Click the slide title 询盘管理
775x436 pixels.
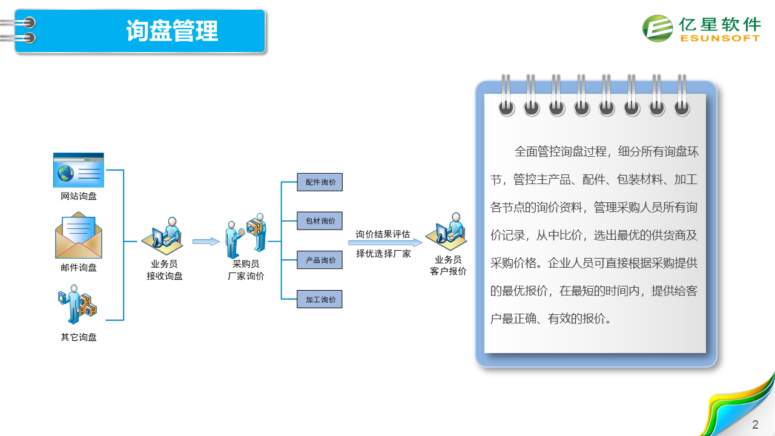point(172,31)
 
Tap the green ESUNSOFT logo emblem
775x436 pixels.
point(658,28)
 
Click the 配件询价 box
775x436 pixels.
point(320,182)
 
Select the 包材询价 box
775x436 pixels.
point(320,221)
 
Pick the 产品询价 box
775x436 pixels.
point(320,260)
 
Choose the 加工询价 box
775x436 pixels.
point(320,299)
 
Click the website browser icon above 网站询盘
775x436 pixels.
point(79,170)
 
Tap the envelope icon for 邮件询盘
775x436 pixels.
point(79,236)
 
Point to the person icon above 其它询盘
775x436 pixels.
point(77,305)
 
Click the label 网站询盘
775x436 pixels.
point(79,196)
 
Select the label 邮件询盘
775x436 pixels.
point(79,268)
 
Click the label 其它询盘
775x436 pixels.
point(79,337)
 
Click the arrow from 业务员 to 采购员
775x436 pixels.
point(206,242)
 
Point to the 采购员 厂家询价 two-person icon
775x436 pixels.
point(246,236)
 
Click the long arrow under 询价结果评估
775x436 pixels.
point(386,243)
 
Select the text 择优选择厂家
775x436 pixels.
point(383,254)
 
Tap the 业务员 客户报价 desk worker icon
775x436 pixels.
point(446,231)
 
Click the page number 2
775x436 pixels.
point(755,424)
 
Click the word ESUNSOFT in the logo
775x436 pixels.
point(720,38)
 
